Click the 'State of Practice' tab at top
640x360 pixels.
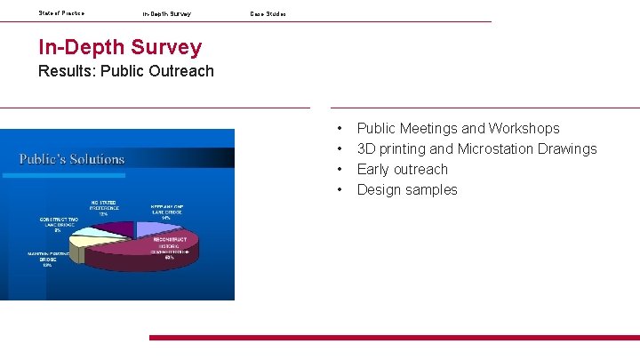(61, 13)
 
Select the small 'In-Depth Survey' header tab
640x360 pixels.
(166, 14)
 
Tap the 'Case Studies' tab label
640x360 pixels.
(268, 14)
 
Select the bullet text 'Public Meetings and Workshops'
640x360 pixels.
(458, 129)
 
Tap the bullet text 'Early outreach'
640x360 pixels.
(402, 169)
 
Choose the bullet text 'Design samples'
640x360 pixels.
(407, 189)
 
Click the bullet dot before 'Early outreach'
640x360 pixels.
(340, 170)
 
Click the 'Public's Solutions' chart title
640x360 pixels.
(72, 159)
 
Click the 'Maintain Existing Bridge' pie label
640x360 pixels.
(47, 258)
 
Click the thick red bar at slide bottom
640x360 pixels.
(394, 338)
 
